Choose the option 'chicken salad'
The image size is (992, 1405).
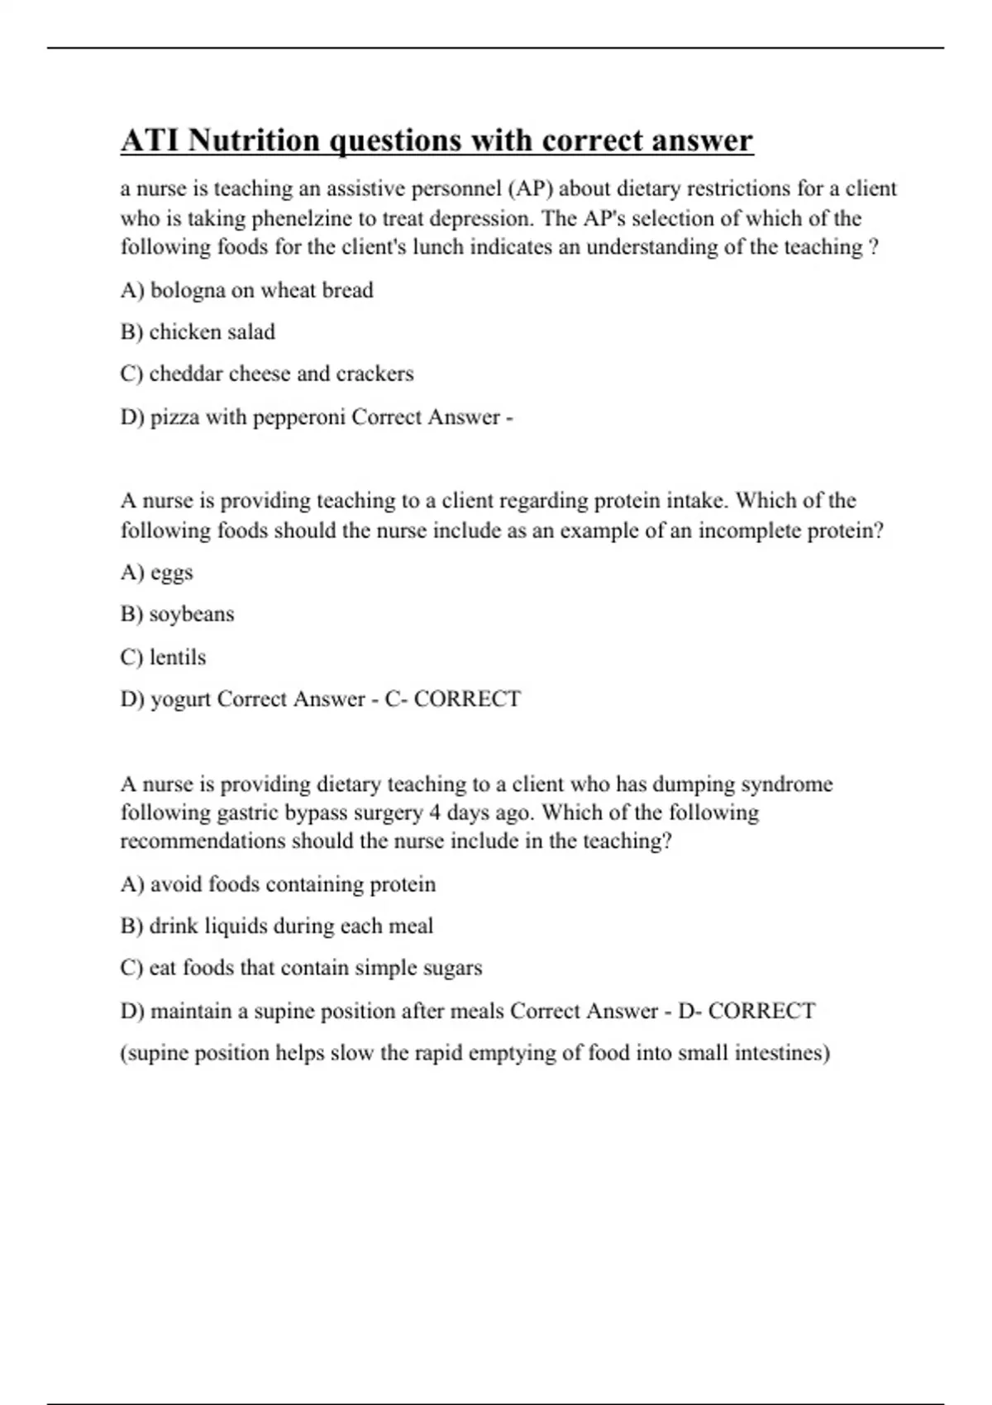(x=198, y=332)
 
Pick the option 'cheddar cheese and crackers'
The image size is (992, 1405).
(x=266, y=374)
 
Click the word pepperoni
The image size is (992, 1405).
(x=298, y=417)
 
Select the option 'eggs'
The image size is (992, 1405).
(x=156, y=573)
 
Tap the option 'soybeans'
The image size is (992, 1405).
(x=177, y=615)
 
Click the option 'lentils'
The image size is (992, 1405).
(x=163, y=658)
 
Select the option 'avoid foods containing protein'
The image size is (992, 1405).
(x=278, y=885)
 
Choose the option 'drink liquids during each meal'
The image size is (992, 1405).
(x=276, y=926)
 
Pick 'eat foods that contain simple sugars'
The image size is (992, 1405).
(x=301, y=969)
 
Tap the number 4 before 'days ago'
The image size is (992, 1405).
(x=435, y=812)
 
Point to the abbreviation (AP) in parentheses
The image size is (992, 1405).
(x=529, y=189)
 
